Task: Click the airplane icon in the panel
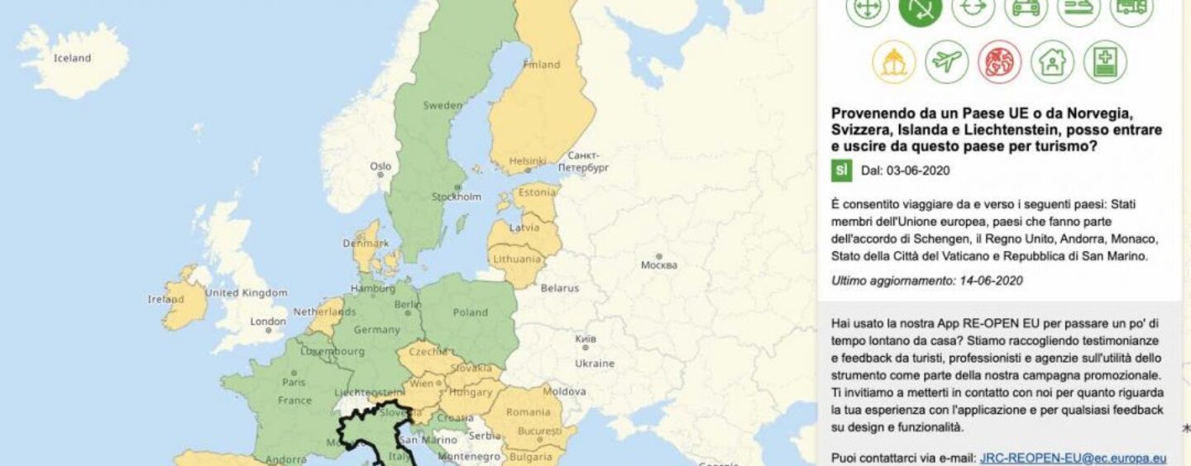[946, 62]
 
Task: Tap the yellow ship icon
[893, 62]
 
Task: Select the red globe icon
[999, 62]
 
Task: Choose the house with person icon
[1052, 62]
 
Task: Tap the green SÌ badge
[841, 171]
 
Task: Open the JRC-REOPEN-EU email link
[1073, 458]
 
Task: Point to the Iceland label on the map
[72, 59]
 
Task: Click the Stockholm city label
[456, 197]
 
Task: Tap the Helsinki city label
[528, 160]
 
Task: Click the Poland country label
[470, 312]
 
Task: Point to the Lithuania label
[516, 259]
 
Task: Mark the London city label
[268, 321]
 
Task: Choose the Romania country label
[528, 411]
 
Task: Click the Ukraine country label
[595, 364]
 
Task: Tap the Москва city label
[658, 265]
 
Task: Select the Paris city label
[294, 383]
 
